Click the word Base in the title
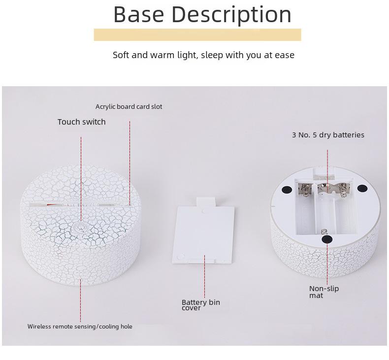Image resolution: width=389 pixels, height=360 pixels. coord(139,14)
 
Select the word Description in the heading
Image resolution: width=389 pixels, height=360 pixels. coord(231,15)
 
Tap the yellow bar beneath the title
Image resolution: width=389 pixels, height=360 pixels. coord(197,35)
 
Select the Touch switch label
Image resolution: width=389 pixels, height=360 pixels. coord(82,122)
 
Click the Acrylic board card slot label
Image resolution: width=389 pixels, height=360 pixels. coord(129,107)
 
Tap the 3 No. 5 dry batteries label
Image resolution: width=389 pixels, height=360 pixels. coord(328,135)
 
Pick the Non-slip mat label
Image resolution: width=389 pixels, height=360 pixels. coord(324,292)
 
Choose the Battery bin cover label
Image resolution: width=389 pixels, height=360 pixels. coord(201,305)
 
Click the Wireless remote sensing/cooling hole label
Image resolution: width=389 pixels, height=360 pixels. coord(80,327)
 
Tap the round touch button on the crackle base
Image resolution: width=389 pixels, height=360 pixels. coord(80,226)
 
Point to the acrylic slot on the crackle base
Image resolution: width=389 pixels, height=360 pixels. coord(79,205)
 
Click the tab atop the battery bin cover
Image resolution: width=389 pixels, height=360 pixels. coord(206,202)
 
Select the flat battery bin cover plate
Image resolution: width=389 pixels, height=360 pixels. coord(203,235)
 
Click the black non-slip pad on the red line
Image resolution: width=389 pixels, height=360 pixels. coord(327,239)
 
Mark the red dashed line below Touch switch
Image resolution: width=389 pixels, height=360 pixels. coord(81,179)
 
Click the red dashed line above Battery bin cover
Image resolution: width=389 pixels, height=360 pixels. coord(204,276)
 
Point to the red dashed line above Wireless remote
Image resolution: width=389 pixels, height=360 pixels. coord(80,300)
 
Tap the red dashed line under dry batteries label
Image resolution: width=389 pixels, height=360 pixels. coord(327,171)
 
